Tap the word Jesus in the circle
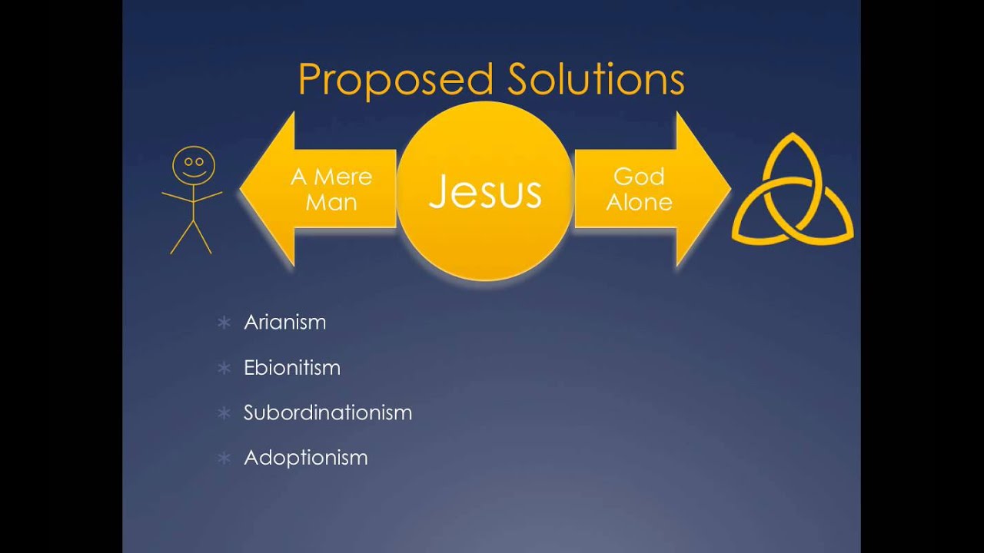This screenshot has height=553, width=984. pos(485,191)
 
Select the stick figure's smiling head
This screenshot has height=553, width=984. pos(193,165)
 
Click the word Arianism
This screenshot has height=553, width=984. pos(284,322)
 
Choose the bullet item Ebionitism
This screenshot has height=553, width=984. pos(291,367)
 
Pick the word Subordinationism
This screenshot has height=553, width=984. pos(327,412)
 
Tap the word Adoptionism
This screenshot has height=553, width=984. pos(305,458)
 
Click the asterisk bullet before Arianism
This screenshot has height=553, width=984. pos(224,323)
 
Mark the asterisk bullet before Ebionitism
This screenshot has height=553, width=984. pos(224,368)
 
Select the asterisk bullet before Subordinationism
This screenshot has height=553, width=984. pos(224,413)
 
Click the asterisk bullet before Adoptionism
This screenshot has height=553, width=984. pos(224,459)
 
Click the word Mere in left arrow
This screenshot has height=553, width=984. pos(342,177)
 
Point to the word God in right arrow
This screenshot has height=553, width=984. pos(639,177)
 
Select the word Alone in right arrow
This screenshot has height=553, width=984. pos(639,203)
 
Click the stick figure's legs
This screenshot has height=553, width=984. pos(191,237)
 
